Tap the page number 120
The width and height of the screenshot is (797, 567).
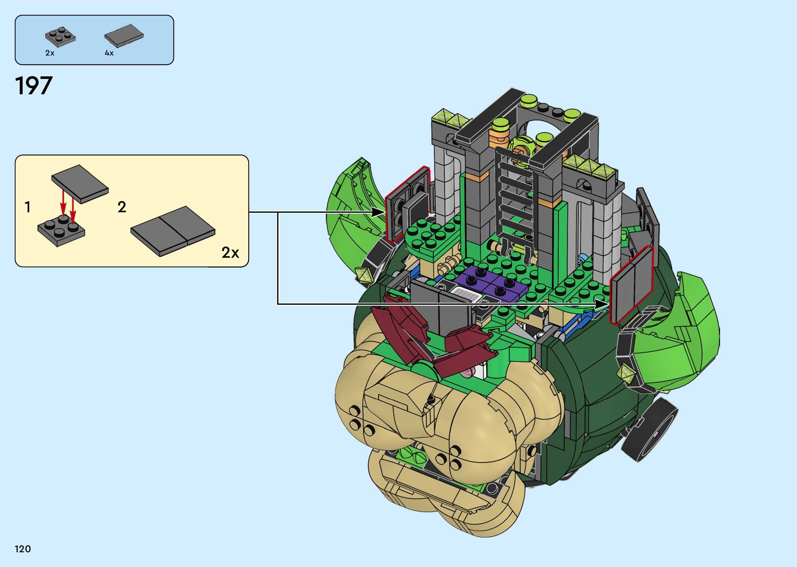pos(23,549)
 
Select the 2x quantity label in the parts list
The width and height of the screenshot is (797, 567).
pos(50,53)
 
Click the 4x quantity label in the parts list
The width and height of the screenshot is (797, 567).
pos(109,53)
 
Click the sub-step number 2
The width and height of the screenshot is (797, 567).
pos(122,207)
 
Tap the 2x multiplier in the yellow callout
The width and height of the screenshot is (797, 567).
pos(230,252)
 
